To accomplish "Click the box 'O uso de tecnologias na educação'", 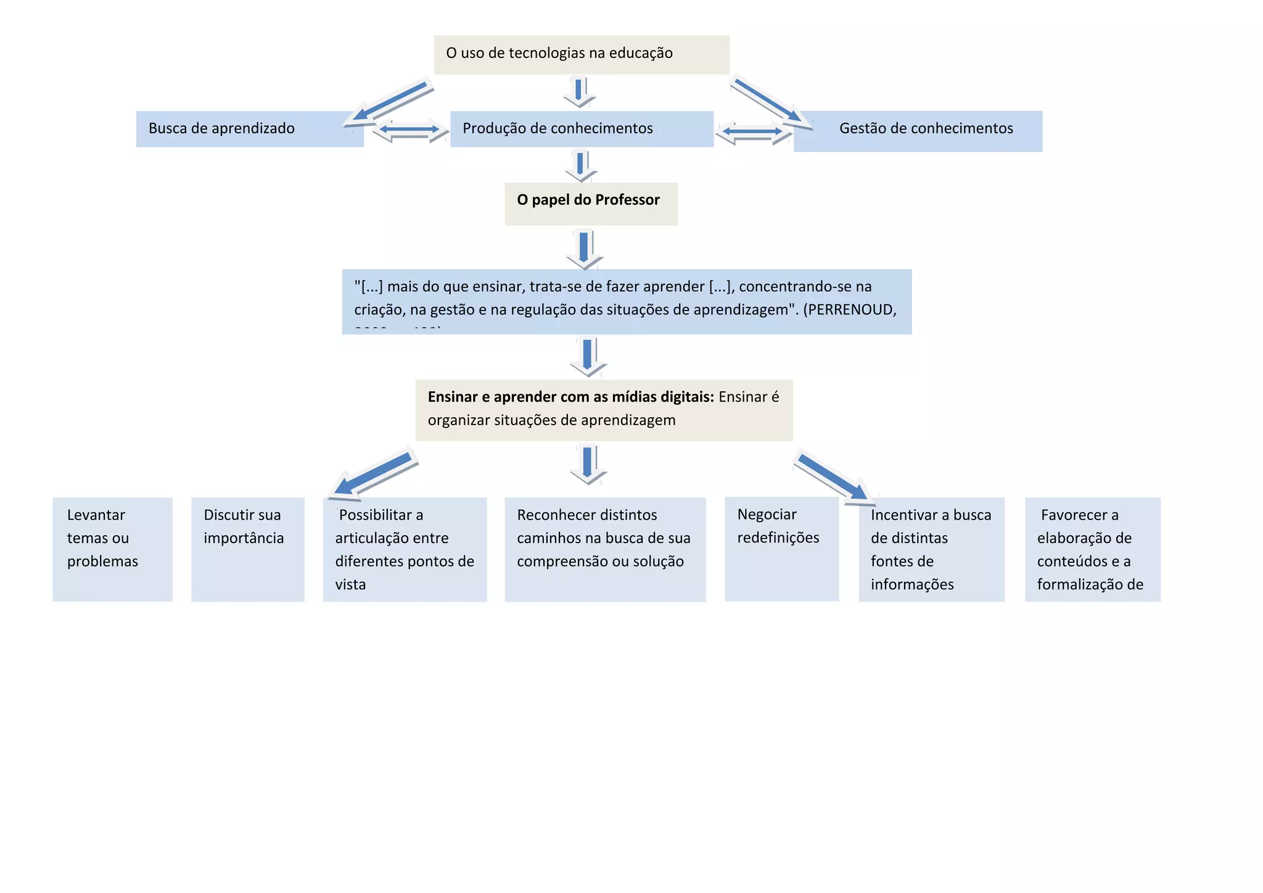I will [581, 54].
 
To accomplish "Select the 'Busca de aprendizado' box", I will [249, 129].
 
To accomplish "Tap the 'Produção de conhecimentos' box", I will [581, 129].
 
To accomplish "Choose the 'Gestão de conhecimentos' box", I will [918, 131].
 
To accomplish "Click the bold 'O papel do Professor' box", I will [591, 203].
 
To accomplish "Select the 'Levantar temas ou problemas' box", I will [112, 549].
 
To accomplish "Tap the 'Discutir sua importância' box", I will [247, 549].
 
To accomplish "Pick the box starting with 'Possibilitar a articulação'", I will [405, 549].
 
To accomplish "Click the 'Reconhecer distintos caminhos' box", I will [604, 549].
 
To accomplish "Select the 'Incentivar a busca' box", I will [931, 549].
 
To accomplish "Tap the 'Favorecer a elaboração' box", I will [1092, 549].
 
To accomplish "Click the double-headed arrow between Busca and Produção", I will [409, 130].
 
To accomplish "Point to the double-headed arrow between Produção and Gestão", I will [752, 131].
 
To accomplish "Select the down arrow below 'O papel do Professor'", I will [584, 248].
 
